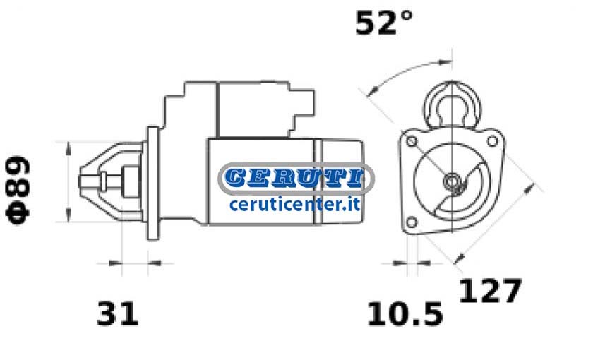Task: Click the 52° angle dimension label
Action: coord(383,23)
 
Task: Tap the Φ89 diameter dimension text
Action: coord(18,190)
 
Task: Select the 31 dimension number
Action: coord(118,313)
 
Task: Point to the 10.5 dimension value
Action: coord(405,313)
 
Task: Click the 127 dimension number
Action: coord(490,290)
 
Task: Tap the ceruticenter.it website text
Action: coord(295,205)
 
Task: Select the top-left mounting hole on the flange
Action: coord(412,142)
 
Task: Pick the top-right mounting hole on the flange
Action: coord(493,141)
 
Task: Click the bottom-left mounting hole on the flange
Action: coord(412,222)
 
